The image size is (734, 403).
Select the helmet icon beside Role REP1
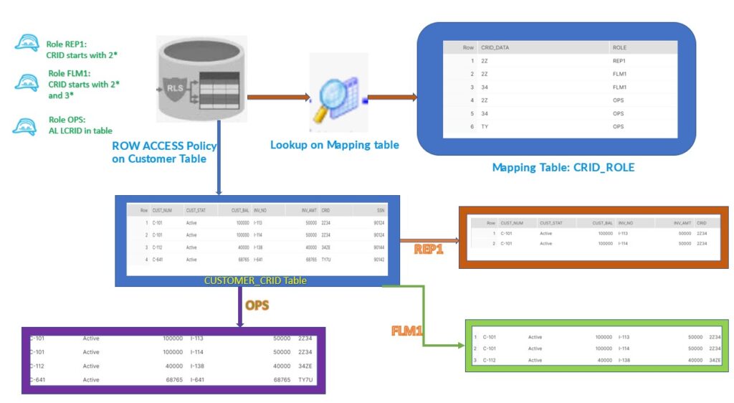pyautogui.click(x=27, y=44)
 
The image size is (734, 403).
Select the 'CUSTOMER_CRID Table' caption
pyautogui.click(x=255, y=280)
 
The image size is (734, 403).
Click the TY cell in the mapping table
pyautogui.click(x=485, y=126)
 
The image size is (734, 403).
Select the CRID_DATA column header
pyautogui.click(x=495, y=47)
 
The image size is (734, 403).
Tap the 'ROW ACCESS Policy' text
pyautogui.click(x=164, y=146)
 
